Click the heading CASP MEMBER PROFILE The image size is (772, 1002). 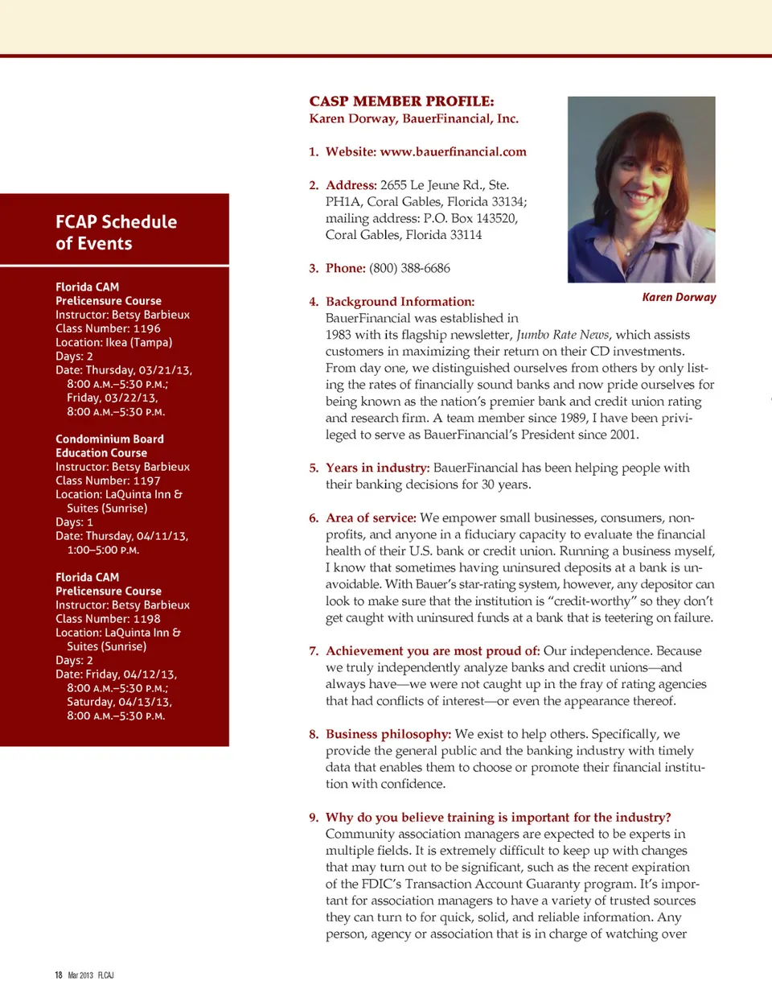[x=401, y=101]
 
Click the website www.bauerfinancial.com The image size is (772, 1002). [x=453, y=152]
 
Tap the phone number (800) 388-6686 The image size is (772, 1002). [x=409, y=268]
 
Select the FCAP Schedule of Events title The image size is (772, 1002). [x=116, y=233]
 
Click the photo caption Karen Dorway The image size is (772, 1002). [x=679, y=297]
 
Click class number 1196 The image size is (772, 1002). [x=146, y=328]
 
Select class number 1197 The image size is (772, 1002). [x=146, y=480]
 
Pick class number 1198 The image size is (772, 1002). [x=146, y=619]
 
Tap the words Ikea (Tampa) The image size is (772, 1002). [x=138, y=342]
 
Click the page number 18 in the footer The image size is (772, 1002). [x=59, y=975]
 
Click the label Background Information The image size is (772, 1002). [x=400, y=302]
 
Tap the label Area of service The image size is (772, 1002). [x=371, y=517]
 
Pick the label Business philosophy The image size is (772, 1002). [x=388, y=734]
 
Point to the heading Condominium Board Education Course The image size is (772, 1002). [x=109, y=446]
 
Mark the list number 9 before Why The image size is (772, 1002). [x=313, y=818]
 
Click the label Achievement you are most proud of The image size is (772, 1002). [x=433, y=651]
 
